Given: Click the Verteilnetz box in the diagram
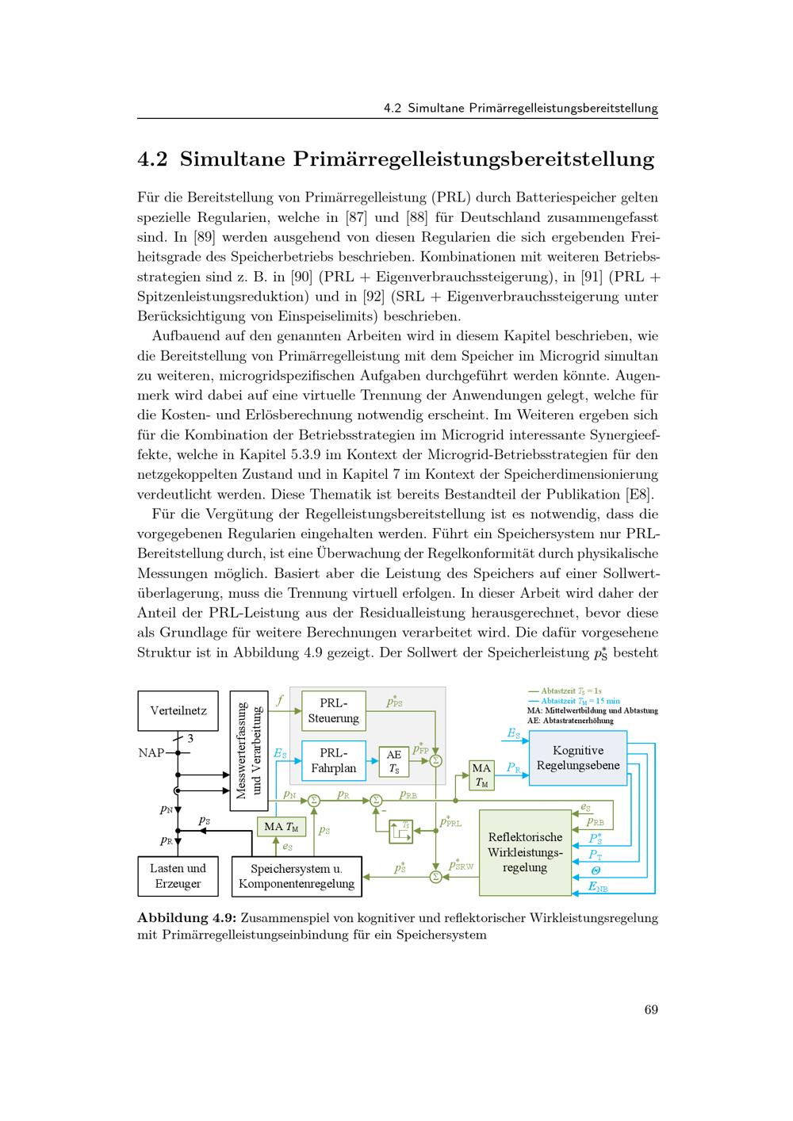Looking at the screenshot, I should [178, 710].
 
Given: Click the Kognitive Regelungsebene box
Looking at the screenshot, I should [578, 758].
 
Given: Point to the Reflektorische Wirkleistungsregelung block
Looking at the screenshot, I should [525, 852].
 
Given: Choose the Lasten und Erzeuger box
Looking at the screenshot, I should [178, 876].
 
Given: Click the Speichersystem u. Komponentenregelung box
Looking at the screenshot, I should [297, 876].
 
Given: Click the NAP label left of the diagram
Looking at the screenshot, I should [151, 752].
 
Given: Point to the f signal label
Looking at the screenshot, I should [279, 701].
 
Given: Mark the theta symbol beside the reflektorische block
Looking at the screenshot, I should [596, 870].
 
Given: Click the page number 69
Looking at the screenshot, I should [651, 1009].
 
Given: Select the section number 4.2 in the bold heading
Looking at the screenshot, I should [153, 159].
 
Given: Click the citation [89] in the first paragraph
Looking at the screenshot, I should [198, 237].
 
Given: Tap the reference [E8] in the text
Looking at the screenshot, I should [638, 495].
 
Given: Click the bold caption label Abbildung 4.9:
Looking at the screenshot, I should [187, 918].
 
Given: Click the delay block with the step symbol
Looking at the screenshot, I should [400, 830].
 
